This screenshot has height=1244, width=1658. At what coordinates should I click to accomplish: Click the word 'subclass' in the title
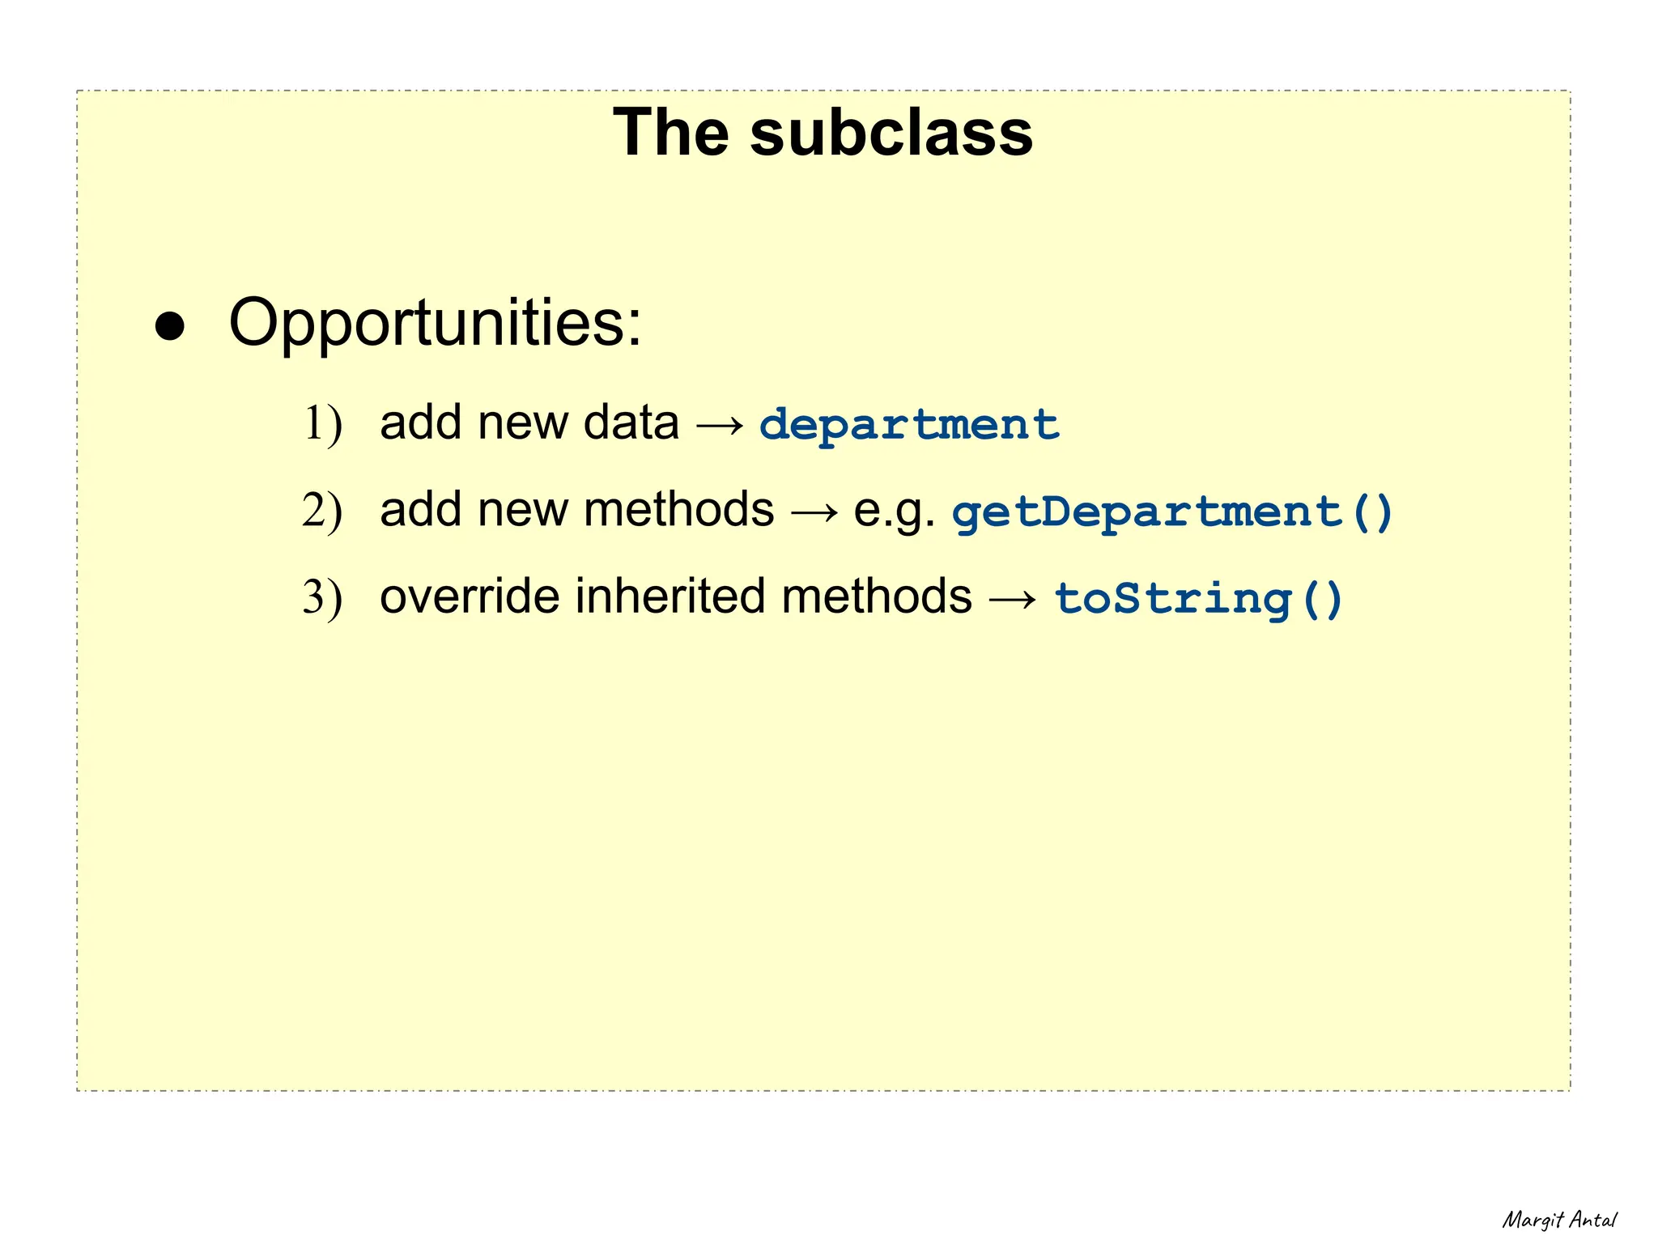(891, 133)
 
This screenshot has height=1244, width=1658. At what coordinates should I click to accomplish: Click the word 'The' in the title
(671, 133)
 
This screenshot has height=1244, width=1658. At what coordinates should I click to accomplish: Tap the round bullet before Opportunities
(170, 328)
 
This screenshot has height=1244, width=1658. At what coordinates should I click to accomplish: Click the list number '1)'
(322, 424)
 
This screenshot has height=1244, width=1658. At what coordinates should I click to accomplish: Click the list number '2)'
(322, 511)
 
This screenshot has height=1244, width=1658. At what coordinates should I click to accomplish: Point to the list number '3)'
(322, 597)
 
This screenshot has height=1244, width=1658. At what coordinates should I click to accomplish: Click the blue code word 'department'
(909, 425)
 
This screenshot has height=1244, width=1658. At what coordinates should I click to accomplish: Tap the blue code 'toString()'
(1199, 599)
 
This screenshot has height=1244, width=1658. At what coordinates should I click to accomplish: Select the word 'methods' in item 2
(678, 510)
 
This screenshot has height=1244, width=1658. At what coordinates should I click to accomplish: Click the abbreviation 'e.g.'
(894, 512)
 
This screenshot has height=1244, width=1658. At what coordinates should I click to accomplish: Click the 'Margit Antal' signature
(1558, 1220)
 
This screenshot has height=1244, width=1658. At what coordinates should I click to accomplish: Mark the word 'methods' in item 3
(877, 597)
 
